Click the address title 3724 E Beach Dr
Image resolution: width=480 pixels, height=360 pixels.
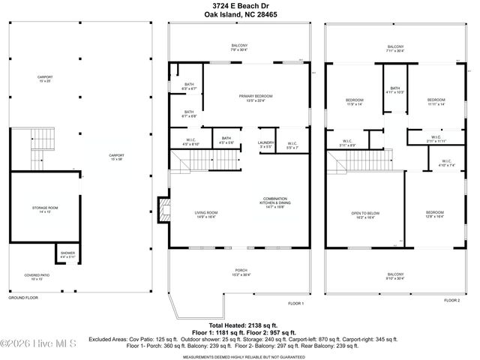coord(239,5)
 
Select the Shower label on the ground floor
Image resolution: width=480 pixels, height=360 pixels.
coord(67,255)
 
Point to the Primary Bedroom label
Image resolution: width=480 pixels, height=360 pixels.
coord(256,97)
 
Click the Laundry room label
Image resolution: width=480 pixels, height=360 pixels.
coord(265,144)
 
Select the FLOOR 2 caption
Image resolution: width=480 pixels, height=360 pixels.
coord(451,300)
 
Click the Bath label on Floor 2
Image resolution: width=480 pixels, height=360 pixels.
coord(394,89)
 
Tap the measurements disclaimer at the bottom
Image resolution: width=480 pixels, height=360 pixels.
coord(239,355)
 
